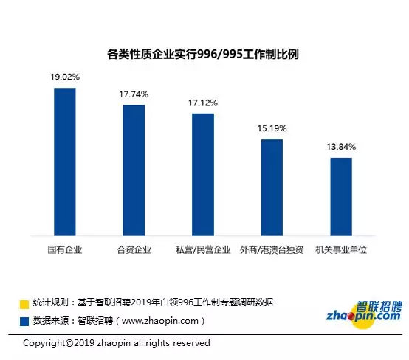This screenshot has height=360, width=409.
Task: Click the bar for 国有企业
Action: coord(65,162)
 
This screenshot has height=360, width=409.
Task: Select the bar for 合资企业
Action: coord(134,170)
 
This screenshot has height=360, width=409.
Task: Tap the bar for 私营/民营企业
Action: coord(203,175)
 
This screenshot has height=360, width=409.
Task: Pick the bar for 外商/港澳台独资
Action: coord(272,187)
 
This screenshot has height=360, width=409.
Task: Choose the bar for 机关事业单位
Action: coord(341,197)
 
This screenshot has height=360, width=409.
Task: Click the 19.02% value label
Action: coord(65,77)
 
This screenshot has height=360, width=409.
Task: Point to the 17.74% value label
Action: coord(134,94)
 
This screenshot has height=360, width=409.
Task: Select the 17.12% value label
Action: coord(203,103)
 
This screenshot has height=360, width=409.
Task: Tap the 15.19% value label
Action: coord(272,128)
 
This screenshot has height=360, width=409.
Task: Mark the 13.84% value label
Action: coord(341,147)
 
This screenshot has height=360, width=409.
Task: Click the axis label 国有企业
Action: coord(65,250)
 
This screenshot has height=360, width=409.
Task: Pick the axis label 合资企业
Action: coord(134,250)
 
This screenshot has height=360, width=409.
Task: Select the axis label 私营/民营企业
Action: coord(203,250)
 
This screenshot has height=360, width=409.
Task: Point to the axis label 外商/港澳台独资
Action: coord(272,250)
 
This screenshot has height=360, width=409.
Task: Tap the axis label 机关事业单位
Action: coord(341,250)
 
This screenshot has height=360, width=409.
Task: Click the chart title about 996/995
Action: coord(203,55)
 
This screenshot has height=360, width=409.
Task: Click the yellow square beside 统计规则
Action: coord(24,305)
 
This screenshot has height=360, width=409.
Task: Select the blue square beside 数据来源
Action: coord(24,321)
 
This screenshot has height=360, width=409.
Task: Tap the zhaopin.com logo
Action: coord(364,314)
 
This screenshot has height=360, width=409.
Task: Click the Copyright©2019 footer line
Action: coord(117,343)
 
